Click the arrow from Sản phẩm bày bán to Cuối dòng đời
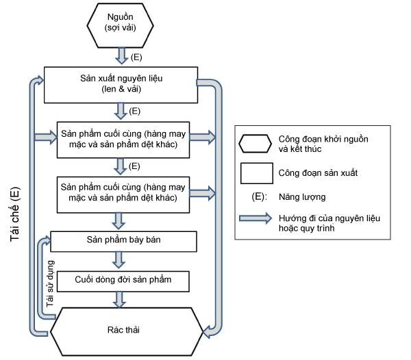point(119,260)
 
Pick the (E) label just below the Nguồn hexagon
point(136,57)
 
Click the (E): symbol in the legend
point(257,197)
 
